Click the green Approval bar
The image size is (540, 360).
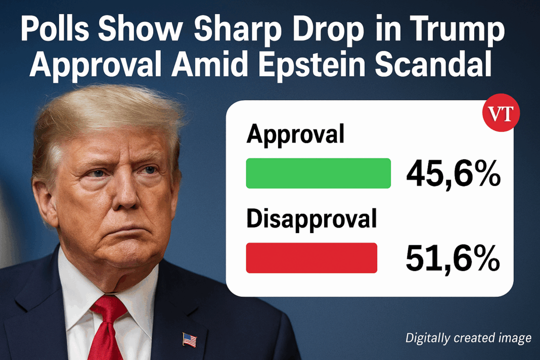pyautogui.click(x=318, y=173)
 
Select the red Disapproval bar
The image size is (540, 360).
pyautogui.click(x=311, y=258)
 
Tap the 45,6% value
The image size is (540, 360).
pyautogui.click(x=453, y=174)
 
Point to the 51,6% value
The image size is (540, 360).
pyautogui.click(x=453, y=258)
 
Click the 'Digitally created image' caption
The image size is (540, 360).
pyautogui.click(x=468, y=338)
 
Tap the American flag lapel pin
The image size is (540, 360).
pyautogui.click(x=189, y=339)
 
